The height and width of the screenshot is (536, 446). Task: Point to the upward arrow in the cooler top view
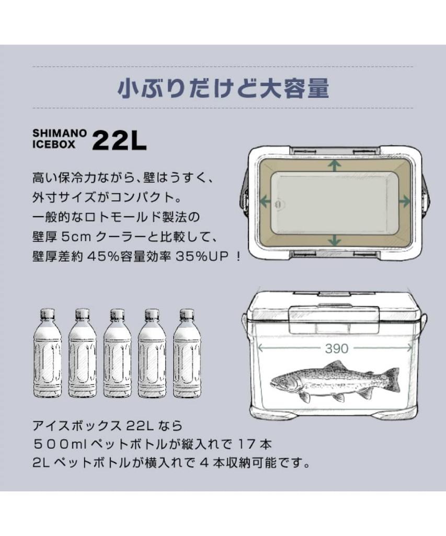tap(334, 166)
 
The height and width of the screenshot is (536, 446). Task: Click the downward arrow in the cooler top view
tap(334, 239)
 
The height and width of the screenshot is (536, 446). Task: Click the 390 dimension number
tap(336, 348)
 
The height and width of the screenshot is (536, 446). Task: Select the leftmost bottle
tap(47, 353)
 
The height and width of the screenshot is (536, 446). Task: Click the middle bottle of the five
tap(117, 353)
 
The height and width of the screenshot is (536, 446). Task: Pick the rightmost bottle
tap(187, 353)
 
